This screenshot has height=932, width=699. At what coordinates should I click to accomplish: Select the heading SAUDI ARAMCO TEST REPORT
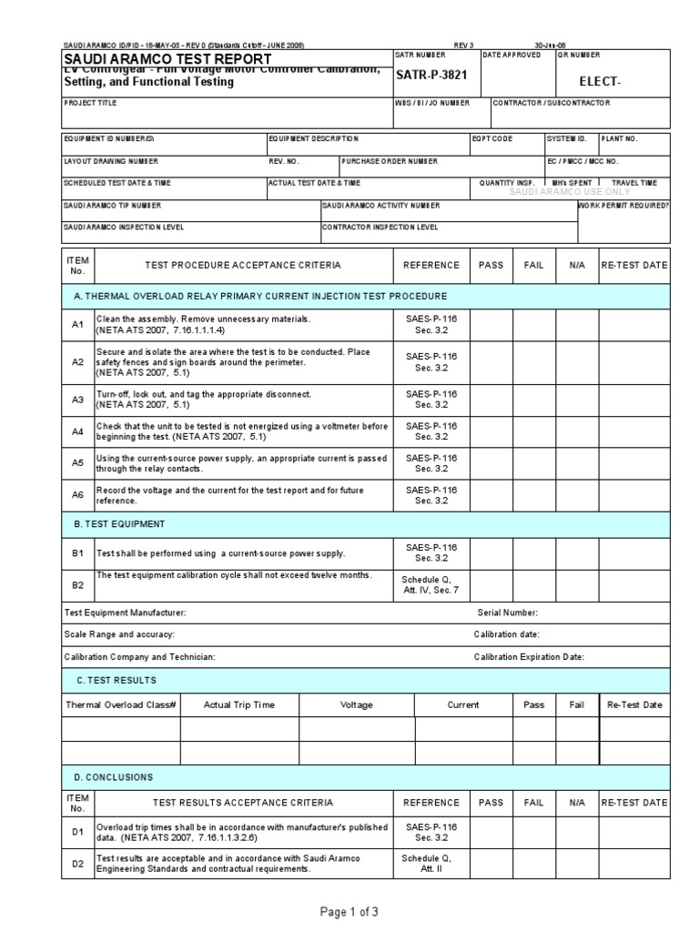pos(167,59)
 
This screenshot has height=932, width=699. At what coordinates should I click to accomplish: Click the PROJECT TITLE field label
pos(90,103)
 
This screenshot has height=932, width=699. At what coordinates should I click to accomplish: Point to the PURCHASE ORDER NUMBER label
pos(390,160)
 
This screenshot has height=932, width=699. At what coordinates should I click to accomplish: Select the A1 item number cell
pos(77,324)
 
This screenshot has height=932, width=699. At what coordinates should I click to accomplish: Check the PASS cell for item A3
pos(490,399)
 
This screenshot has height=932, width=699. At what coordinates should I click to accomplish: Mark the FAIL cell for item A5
pos(532,463)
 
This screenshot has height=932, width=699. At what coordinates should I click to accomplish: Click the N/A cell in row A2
pos(576,361)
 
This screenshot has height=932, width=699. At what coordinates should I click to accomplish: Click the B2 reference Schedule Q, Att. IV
pos(426,583)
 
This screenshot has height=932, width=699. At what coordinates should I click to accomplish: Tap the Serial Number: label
pos(508,613)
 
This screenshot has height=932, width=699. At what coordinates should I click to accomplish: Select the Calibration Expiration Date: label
pos(529,656)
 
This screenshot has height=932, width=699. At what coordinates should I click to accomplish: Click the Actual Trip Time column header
pos(238,704)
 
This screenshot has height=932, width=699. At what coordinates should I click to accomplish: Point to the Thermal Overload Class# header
pos(120,704)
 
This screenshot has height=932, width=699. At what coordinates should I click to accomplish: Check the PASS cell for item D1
pos(490,831)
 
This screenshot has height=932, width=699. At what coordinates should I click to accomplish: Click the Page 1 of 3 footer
pos(349,910)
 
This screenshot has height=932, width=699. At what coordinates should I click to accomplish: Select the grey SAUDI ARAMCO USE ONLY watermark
pos(569,192)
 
